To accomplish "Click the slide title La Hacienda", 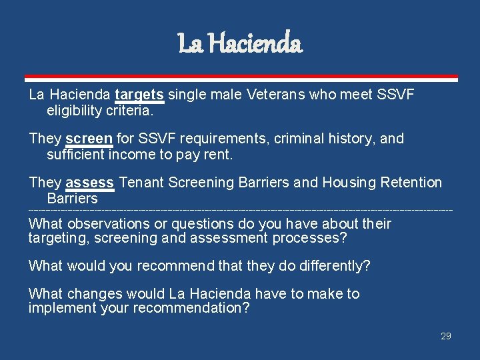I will pyautogui.click(x=240, y=45).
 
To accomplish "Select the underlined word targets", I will pyautogui.click(x=139, y=95).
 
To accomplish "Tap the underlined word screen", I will pyautogui.click(x=89, y=139).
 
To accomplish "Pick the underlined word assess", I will pyautogui.click(x=90, y=183).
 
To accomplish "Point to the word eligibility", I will pyautogui.click(x=74, y=110).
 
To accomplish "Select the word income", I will pyautogui.click(x=137, y=154).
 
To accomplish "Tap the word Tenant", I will pyautogui.click(x=141, y=183).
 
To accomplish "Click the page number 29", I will pyautogui.click(x=446, y=336).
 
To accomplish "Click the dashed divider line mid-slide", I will pyautogui.click(x=240, y=211).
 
